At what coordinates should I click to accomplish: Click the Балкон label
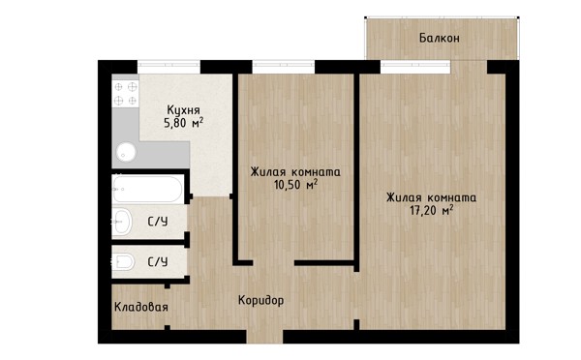(x=440, y=38)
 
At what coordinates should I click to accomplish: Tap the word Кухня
(x=183, y=110)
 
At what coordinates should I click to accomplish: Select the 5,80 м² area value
(x=184, y=123)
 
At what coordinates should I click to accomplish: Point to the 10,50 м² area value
(x=295, y=185)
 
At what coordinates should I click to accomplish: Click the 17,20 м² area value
(x=432, y=210)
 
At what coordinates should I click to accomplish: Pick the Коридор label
(x=260, y=300)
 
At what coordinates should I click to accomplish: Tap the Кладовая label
(x=141, y=307)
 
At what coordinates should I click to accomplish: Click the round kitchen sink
(x=126, y=152)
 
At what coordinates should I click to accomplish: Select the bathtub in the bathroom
(x=147, y=189)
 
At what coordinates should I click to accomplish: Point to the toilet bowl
(x=123, y=262)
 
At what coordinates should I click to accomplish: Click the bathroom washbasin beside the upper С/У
(x=122, y=222)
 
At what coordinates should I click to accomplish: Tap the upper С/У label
(x=158, y=222)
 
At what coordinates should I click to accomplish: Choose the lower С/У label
(x=158, y=262)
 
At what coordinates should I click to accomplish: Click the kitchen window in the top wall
(x=168, y=67)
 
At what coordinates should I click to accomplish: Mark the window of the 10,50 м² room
(x=284, y=67)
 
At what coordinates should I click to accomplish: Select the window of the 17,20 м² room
(x=415, y=67)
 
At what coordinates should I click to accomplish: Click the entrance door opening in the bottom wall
(x=264, y=337)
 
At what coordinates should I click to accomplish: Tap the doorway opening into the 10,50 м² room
(x=274, y=263)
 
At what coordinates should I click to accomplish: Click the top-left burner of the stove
(x=118, y=87)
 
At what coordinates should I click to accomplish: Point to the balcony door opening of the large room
(x=469, y=67)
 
